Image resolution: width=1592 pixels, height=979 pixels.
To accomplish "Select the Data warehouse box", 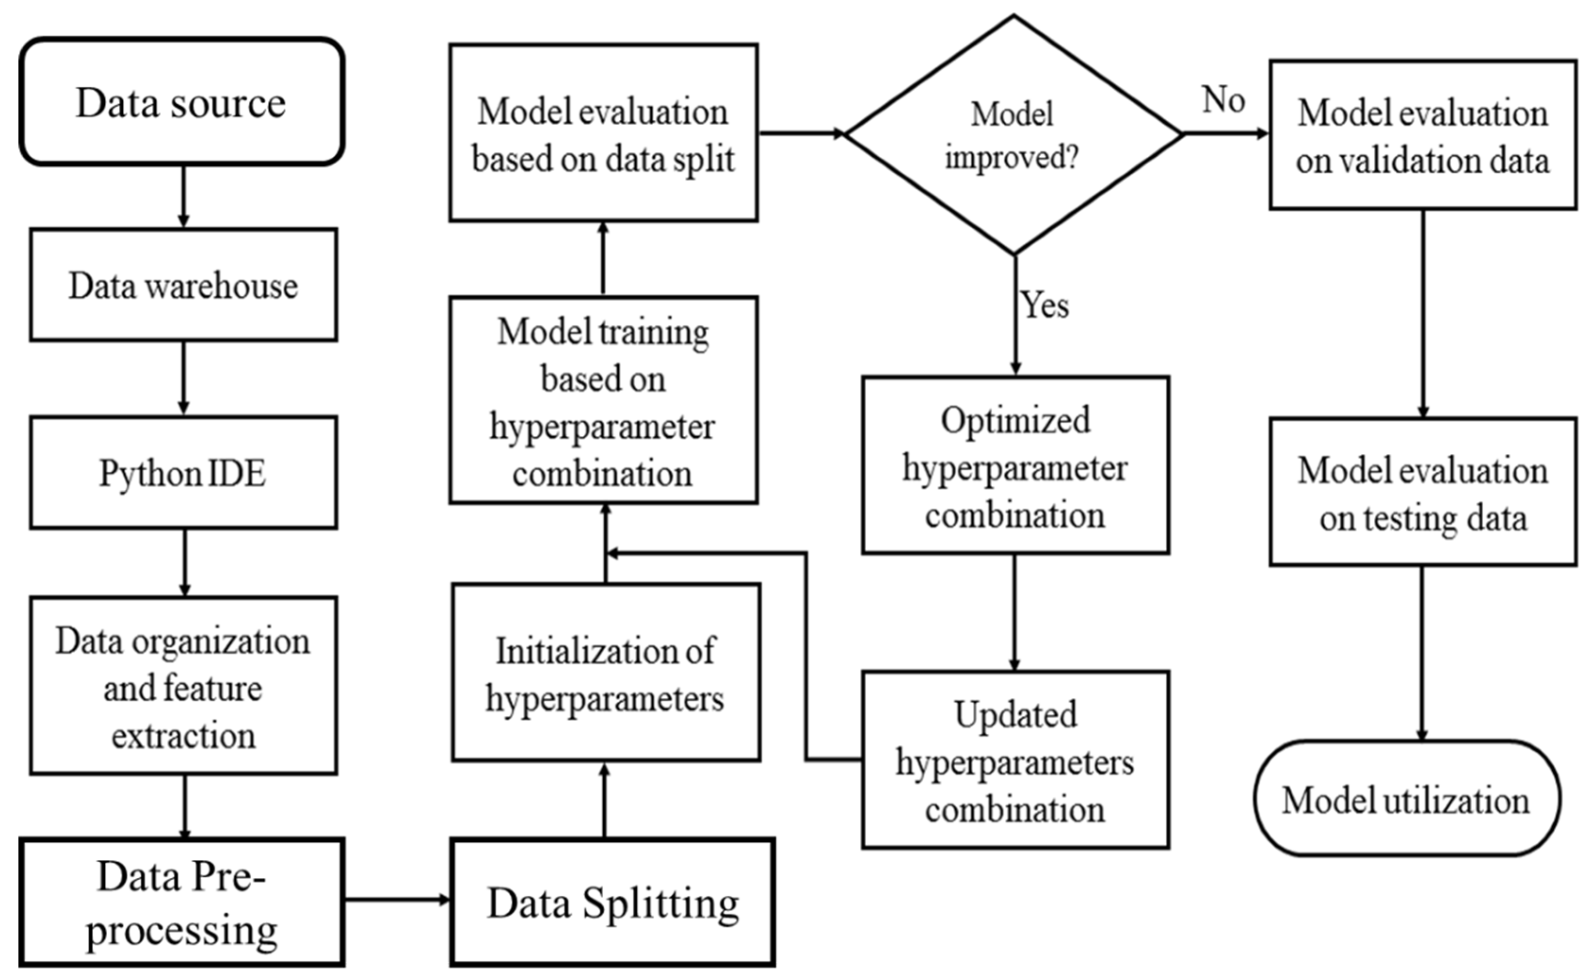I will coord(183,285).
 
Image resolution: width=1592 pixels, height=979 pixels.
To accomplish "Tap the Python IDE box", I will coord(183,473).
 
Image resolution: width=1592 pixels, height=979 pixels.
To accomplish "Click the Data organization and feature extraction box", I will coord(183,686).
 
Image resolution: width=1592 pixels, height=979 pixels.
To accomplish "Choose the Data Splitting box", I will coord(612,903).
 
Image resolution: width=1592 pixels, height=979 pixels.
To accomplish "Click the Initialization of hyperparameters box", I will coord(605,674).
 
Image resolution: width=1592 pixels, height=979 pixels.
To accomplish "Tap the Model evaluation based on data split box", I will coord(603,133).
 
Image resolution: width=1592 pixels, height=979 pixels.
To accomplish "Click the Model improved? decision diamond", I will coord(1013,135).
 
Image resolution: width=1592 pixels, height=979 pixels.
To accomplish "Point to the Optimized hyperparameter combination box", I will coord(1015,466).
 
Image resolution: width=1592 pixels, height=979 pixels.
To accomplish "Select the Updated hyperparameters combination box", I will coord(1015,761).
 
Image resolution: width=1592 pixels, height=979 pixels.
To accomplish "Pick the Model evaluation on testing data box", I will coord(1423,492).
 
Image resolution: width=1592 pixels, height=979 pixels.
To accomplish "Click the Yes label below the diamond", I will coord(1044,305).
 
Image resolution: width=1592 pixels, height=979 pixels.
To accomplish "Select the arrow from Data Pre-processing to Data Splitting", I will coord(396,899).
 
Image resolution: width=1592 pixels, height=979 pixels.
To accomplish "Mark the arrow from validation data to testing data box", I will coord(1423,314).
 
